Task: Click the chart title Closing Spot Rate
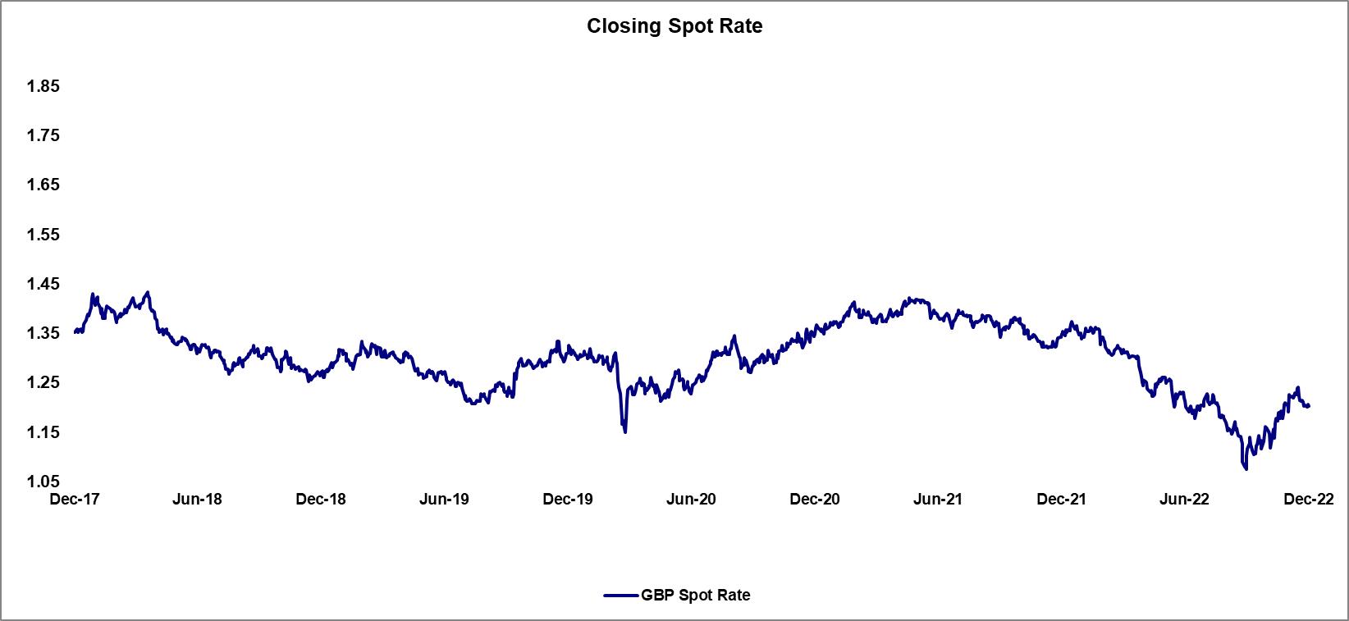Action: coord(674,26)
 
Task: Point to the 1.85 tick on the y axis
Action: coord(43,86)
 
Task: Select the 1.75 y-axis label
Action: coord(43,135)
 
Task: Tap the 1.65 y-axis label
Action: coord(43,185)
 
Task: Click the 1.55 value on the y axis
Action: coord(43,235)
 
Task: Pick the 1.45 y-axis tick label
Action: coord(43,284)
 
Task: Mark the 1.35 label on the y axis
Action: coord(43,333)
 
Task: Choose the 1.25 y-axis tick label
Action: coord(43,382)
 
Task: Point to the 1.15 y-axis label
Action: coord(43,432)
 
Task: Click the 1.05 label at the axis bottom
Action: coord(43,482)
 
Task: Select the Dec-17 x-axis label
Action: coord(75,499)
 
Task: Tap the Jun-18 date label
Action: coord(198,499)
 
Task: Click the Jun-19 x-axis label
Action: coord(444,499)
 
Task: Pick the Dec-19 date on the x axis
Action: coord(568,499)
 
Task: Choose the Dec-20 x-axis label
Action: coord(814,499)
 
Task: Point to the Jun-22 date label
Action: coord(1183,499)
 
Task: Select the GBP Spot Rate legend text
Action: coord(696,596)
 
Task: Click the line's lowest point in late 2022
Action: coord(1246,469)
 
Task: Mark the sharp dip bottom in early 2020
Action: coord(625,432)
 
